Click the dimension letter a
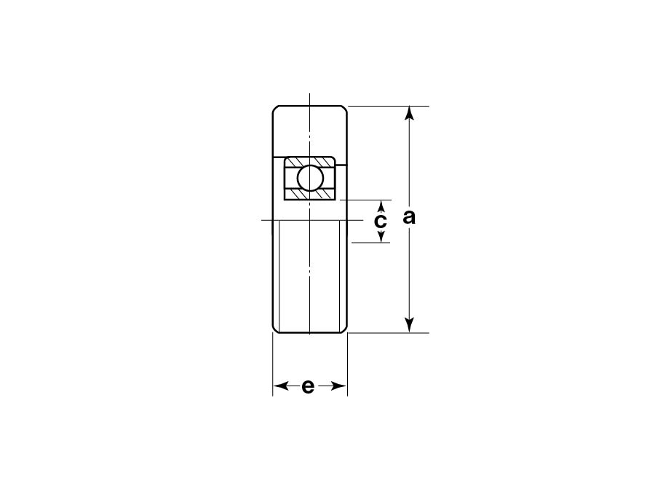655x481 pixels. (409, 217)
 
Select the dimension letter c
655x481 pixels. (380, 221)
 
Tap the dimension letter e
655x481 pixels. (307, 386)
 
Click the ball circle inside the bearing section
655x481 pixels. (310, 178)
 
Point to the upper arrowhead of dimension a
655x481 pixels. (410, 114)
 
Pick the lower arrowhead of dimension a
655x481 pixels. (410, 325)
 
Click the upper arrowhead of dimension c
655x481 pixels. (381, 207)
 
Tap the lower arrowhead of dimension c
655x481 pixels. (381, 236)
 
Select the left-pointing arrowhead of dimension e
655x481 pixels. (281, 386)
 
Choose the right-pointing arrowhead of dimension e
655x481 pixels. (338, 386)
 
